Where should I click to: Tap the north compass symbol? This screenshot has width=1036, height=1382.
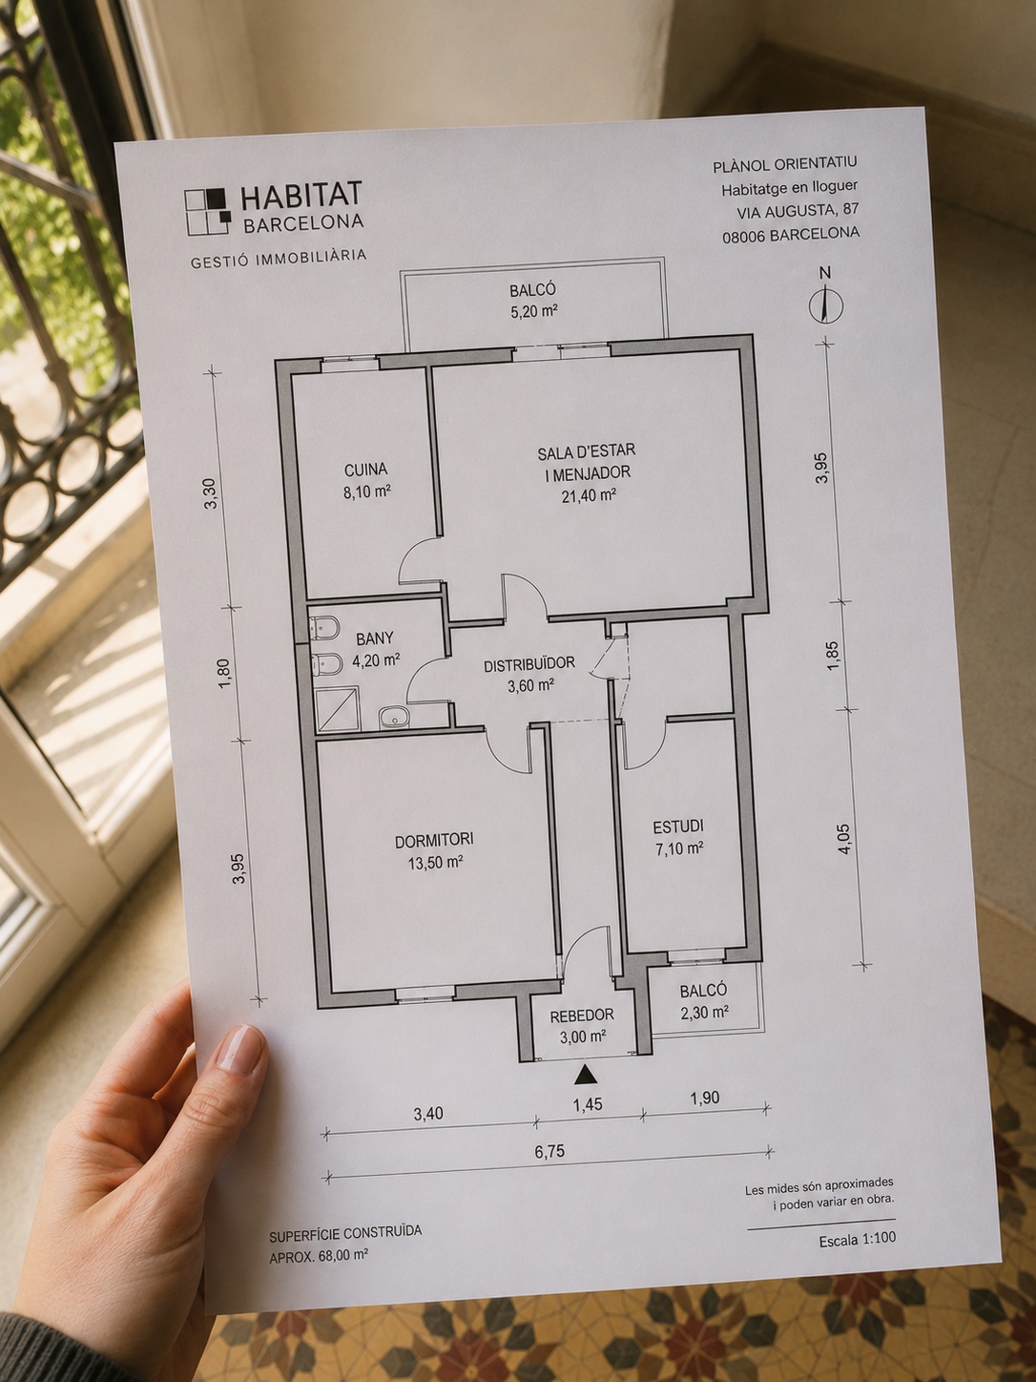pyautogui.click(x=824, y=304)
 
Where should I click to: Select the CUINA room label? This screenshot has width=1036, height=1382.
pyautogui.click(x=365, y=469)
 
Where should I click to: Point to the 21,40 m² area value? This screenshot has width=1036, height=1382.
pyautogui.click(x=589, y=495)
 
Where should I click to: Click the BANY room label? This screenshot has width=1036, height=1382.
pyautogui.click(x=374, y=639)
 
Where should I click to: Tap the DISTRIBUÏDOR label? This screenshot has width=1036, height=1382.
pyautogui.click(x=529, y=663)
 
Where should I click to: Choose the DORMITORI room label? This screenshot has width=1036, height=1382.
pyautogui.click(x=434, y=840)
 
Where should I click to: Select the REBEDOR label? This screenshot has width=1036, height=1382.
pyautogui.click(x=582, y=1015)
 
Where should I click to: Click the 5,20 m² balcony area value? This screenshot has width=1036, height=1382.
pyautogui.click(x=534, y=312)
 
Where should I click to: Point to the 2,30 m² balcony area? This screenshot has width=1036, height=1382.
pyautogui.click(x=704, y=1011)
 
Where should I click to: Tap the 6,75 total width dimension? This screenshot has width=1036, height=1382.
pyautogui.click(x=549, y=1152)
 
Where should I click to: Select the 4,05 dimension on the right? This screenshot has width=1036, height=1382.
pyautogui.click(x=844, y=838)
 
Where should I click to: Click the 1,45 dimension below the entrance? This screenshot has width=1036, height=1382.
pyautogui.click(x=589, y=1103)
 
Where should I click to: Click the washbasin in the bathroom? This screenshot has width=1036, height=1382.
pyautogui.click(x=394, y=717)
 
